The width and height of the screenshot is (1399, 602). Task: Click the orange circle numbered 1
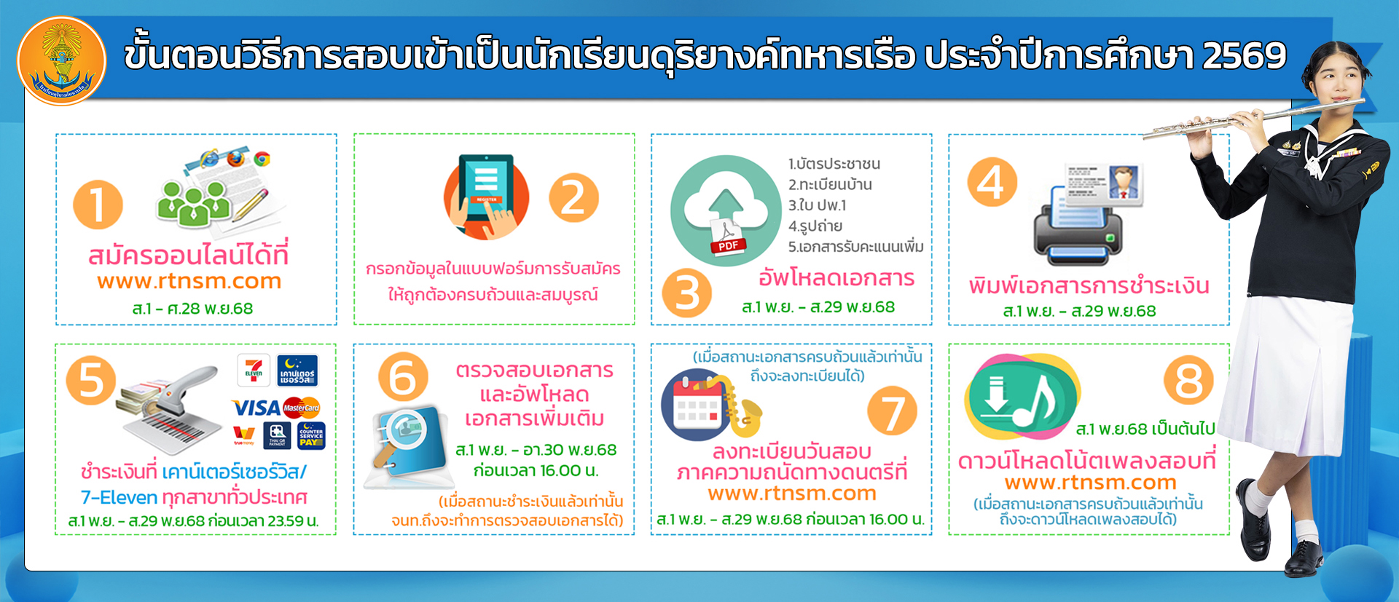tap(98, 205)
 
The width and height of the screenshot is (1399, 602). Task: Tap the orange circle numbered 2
tap(573, 198)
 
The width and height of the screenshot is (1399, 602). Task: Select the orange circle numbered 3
tap(686, 293)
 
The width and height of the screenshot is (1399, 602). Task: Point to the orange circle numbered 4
tap(992, 182)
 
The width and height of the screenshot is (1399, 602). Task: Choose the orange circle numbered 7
tap(892, 411)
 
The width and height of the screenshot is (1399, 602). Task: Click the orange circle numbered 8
tap(1188, 380)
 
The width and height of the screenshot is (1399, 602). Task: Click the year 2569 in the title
tap(1245, 55)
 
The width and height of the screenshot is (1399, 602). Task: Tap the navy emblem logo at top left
tap(62, 60)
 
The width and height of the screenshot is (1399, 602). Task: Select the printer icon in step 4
tap(1078, 226)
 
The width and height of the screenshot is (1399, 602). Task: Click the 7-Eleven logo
tap(254, 370)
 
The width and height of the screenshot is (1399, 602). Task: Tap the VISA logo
tap(256, 408)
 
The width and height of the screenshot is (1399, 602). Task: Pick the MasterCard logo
tap(302, 408)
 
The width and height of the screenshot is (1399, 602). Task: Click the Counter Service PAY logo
tap(311, 435)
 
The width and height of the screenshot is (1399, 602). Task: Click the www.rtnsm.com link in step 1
tap(189, 281)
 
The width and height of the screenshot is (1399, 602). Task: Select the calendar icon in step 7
tap(697, 403)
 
